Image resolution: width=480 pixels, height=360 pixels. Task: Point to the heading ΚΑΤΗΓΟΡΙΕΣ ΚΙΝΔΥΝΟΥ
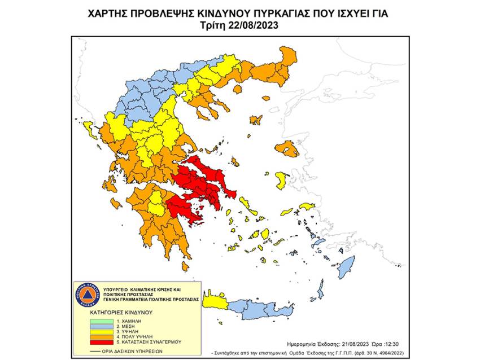pyautogui.click(x=108, y=311)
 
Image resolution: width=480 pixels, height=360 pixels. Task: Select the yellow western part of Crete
pyautogui.click(x=213, y=304)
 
